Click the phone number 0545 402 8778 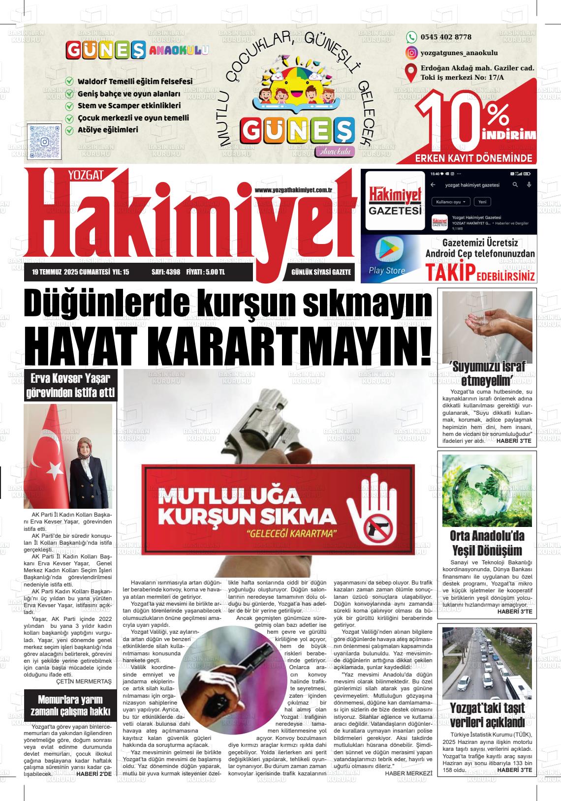pyautogui.click(x=445, y=37)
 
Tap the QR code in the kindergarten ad pyautogui.click(x=44, y=141)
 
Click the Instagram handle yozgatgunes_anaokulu pyautogui.click(x=459, y=53)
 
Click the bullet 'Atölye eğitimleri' pyautogui.click(x=108, y=130)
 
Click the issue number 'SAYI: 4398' pyautogui.click(x=166, y=272)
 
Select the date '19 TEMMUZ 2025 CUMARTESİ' pyautogui.click(x=69, y=272)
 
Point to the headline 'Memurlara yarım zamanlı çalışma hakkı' pyautogui.click(x=70, y=706)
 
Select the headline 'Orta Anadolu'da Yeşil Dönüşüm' pyautogui.click(x=487, y=543)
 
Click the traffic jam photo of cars pyautogui.click(x=487, y=664)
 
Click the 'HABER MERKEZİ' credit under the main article pyautogui.click(x=408, y=773)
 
